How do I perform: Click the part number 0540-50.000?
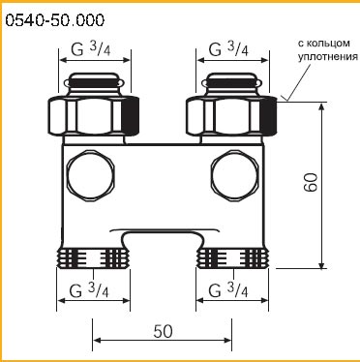click(x=55, y=21)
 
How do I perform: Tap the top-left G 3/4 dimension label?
click(x=91, y=48)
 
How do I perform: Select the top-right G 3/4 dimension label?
click(x=228, y=49)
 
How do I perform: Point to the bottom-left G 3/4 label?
click(x=89, y=290)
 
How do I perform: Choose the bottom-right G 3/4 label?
click(x=228, y=290)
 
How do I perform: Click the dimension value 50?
click(x=164, y=331)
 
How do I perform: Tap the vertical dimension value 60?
click(x=311, y=183)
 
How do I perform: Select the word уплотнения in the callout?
click(x=328, y=57)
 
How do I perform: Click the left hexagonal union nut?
click(x=94, y=115)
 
